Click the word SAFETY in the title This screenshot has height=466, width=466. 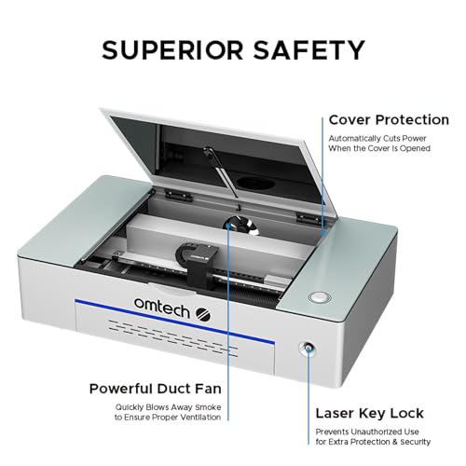coord(308,48)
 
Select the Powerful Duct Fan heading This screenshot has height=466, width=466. coord(154,388)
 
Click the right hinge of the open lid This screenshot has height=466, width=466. coord(301,217)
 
